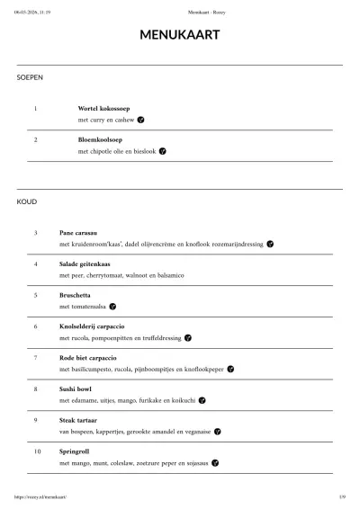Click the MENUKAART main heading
(180, 36)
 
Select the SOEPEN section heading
(30, 77)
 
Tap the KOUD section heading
(27, 201)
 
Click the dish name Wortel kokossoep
(104, 108)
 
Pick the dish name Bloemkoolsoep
(100, 139)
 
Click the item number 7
(36, 357)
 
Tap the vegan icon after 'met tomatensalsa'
(112, 307)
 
